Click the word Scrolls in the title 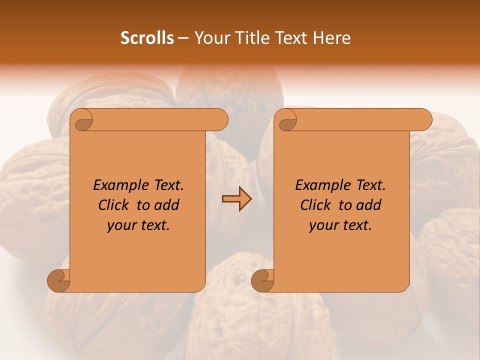pos(147,38)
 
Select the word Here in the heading pos(332,38)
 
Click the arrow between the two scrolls pos(236,199)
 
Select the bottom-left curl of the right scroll pos(263,280)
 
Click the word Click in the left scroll pos(114,205)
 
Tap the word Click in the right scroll pos(316,205)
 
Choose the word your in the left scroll pos(121,225)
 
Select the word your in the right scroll pos(323,225)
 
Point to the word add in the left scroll pos(166,205)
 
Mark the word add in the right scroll pos(368,205)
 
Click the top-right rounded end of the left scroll pos(220,120)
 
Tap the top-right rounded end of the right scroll pos(424,120)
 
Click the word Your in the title pos(210,38)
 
